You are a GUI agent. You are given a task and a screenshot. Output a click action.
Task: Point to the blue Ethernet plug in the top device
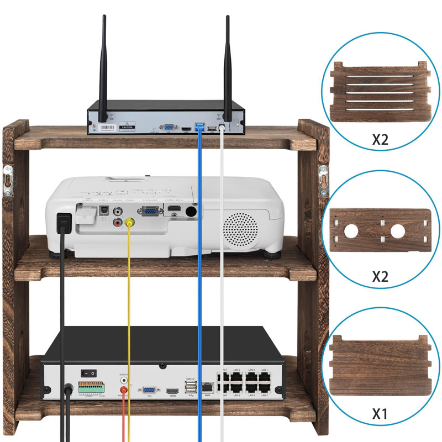199,127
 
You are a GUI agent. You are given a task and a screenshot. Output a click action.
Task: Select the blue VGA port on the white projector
149,211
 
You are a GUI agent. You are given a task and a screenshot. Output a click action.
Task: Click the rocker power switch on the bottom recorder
87,374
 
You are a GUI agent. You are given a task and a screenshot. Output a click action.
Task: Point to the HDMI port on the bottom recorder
172,390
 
